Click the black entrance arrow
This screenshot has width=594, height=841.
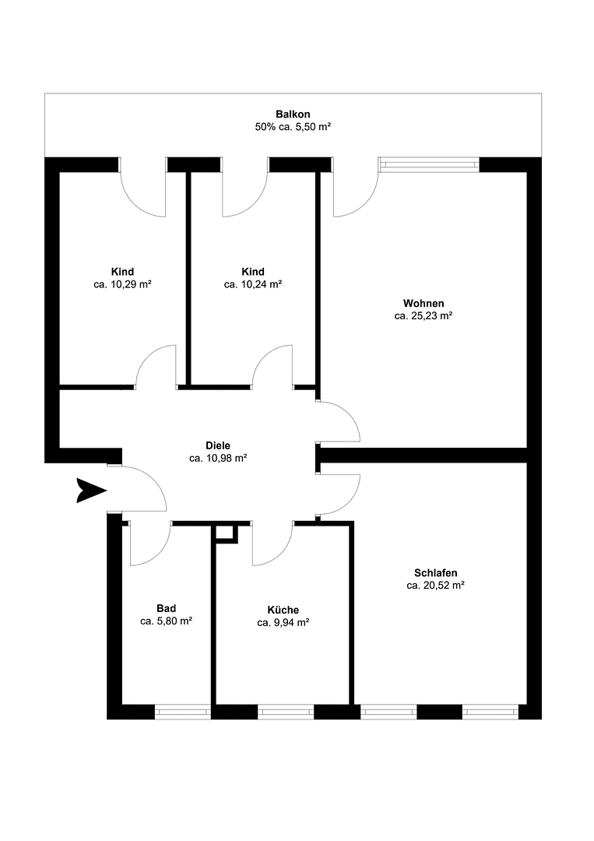coord(90,491)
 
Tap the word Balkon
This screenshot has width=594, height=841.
coord(293,114)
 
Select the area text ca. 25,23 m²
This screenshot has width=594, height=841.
coord(424,316)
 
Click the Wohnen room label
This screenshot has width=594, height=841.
coord(424,304)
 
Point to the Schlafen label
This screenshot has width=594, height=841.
coord(436,572)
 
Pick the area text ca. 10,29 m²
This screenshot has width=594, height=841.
coord(122,285)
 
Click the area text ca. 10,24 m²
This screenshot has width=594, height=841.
coord(253,285)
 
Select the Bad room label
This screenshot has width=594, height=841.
coord(166,608)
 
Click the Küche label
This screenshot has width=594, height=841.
coord(283,610)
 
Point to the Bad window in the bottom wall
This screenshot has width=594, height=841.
coord(183,711)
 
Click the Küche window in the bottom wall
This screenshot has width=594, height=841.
coord(286,711)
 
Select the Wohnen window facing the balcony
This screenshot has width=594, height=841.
coord(429,164)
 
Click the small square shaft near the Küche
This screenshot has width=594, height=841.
coord(225,532)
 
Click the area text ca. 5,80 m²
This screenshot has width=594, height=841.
coord(166,621)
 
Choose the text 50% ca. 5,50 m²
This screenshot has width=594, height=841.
coord(293,127)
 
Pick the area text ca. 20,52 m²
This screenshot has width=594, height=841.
coord(436,585)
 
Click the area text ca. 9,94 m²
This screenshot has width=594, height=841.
coord(283,622)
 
